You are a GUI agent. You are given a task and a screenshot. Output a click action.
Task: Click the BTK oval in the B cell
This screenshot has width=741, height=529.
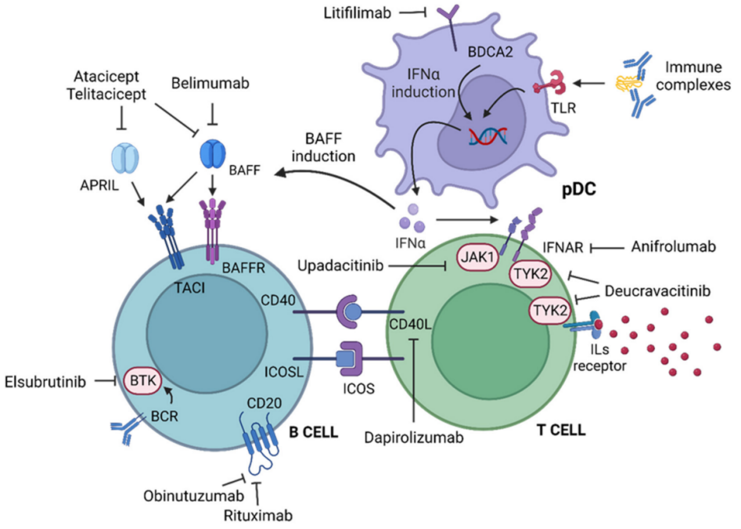tap(142, 380)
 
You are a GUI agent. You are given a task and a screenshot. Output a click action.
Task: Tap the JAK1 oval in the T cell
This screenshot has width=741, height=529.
tap(477, 257)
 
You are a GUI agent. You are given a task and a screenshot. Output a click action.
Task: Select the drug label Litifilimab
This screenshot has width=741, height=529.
tap(358, 13)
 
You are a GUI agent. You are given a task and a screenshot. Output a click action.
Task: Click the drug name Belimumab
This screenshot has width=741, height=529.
tap(210, 84)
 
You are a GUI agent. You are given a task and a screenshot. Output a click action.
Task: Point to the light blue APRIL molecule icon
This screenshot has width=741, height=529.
tap(124, 158)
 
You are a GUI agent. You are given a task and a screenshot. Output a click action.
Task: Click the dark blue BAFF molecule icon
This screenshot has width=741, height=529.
tap(213, 153)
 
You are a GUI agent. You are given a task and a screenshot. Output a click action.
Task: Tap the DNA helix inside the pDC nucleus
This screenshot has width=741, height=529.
tap(488, 135)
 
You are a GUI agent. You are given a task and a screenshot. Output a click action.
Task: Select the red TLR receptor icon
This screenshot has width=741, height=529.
tap(549, 85)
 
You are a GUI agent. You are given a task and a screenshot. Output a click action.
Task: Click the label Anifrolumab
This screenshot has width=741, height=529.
tap(674, 247)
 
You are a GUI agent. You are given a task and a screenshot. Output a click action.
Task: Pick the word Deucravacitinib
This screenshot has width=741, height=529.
tap(657, 291)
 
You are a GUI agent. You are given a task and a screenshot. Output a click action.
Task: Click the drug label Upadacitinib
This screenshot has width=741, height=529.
tap(340, 266)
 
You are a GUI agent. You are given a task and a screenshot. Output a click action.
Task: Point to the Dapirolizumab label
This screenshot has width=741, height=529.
tap(414, 437)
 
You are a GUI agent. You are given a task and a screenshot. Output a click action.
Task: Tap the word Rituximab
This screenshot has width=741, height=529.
tap(258, 515)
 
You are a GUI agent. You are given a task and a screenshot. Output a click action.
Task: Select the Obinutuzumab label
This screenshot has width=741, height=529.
tap(194, 496)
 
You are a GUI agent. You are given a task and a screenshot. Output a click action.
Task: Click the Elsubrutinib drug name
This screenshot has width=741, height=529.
tap(45, 382)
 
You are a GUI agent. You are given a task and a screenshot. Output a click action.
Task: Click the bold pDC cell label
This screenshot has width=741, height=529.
tap(578, 190)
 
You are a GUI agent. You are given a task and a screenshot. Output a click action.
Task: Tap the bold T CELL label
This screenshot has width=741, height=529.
tap(561, 430)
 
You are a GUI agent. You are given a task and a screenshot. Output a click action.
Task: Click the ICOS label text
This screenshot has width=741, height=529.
tap(359, 389)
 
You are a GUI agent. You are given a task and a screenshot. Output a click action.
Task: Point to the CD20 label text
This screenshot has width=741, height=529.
tap(264, 403)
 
